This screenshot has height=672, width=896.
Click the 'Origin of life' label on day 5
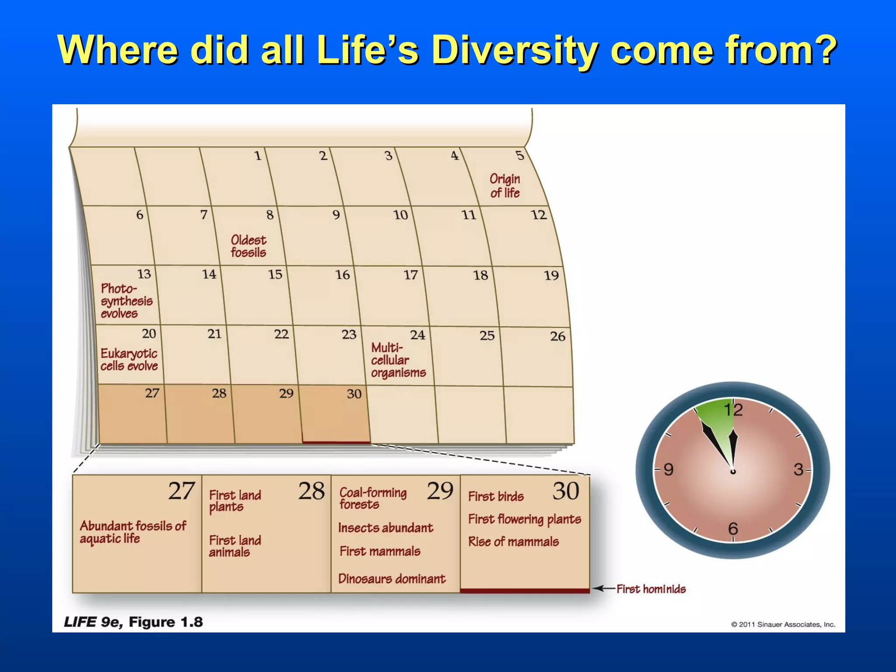click(x=505, y=186)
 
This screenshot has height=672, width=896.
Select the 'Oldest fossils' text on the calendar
click(x=248, y=246)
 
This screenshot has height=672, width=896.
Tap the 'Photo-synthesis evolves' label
click(x=126, y=301)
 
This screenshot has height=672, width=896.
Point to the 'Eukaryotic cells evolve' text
click(x=129, y=360)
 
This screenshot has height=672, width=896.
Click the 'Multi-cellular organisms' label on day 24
click(x=397, y=360)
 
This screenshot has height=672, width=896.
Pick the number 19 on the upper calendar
click(x=551, y=276)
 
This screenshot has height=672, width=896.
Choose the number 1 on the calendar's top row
click(x=258, y=156)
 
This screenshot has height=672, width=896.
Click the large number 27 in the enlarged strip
click(x=181, y=491)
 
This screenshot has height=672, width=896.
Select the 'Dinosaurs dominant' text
click(x=392, y=579)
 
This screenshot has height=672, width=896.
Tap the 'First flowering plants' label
click(x=524, y=519)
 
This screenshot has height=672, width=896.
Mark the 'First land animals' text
click(x=234, y=546)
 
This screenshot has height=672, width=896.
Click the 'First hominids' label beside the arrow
click(x=651, y=589)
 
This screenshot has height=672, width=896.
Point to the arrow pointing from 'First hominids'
click(x=604, y=588)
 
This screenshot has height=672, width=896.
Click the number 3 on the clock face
click(x=798, y=469)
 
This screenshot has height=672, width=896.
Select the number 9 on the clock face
click(x=668, y=469)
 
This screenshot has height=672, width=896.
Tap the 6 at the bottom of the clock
click(x=733, y=528)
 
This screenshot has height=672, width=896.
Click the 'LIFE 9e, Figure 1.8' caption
click(x=133, y=622)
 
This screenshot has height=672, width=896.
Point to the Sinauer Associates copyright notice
click(x=783, y=624)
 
